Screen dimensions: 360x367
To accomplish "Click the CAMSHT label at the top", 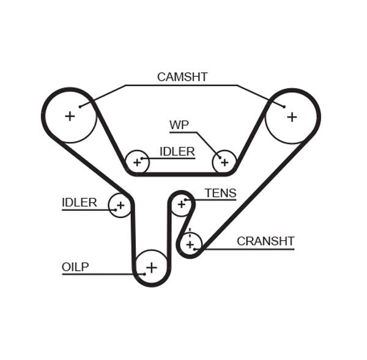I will coord(182,77).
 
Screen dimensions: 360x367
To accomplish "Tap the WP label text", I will coord(179,125).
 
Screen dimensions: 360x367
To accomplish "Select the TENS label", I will coord(220,193).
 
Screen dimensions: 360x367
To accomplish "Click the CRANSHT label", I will coord(265,241).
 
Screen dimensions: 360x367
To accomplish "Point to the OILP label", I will coord(75,266).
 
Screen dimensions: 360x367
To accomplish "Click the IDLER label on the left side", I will coord(79,202).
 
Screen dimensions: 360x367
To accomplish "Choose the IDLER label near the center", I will coord(177,152).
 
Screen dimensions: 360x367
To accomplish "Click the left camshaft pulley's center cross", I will coord(70,115).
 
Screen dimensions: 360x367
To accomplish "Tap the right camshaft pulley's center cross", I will coord(292,116).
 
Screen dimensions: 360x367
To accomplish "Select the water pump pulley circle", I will coord(224,162).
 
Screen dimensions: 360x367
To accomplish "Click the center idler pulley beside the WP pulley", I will coord(137,163).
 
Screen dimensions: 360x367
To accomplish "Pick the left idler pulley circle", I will coord(120,205).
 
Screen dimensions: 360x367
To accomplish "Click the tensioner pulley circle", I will coord(180,204).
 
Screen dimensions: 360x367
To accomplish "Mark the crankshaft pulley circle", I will coord(190,244).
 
